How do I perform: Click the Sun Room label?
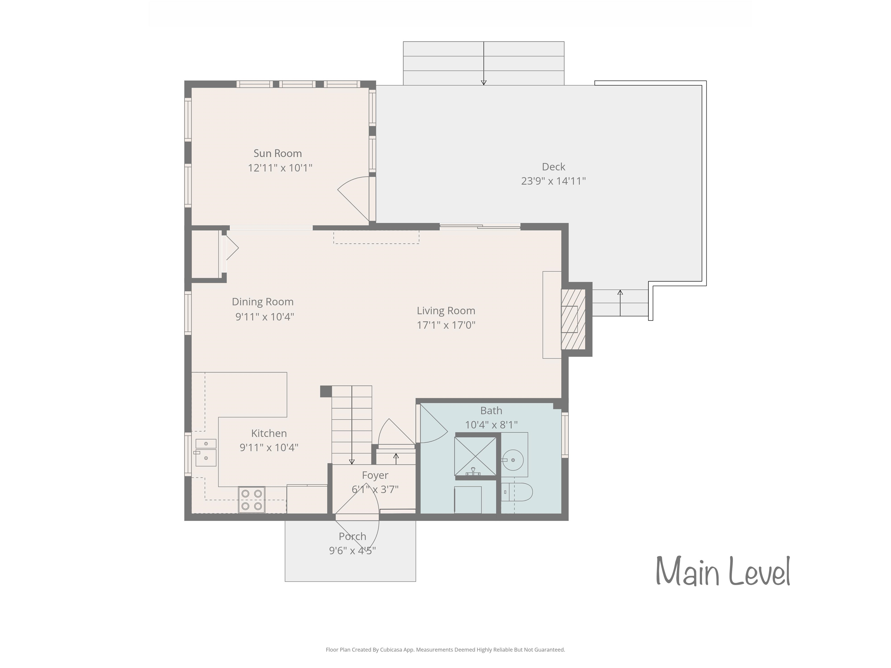[278, 153]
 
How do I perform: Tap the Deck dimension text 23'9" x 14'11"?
[553, 181]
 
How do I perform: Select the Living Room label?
[446, 311]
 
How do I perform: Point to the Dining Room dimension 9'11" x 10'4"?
[265, 317]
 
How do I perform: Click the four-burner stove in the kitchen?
[252, 500]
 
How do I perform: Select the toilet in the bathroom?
[517, 492]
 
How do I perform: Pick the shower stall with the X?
[475, 456]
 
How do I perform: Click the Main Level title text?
[723, 571]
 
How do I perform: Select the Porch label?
[352, 536]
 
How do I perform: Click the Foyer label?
[375, 475]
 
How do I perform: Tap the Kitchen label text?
[269, 433]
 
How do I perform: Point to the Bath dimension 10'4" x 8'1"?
[491, 425]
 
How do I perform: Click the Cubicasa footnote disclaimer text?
[445, 649]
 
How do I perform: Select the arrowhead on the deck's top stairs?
[484, 83]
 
